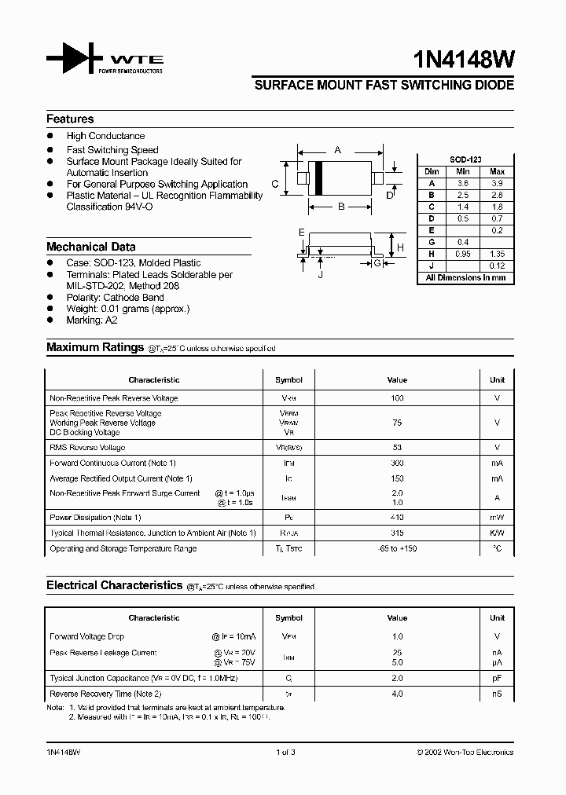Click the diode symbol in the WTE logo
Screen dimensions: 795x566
click(x=74, y=59)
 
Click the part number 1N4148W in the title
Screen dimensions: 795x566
click(x=464, y=61)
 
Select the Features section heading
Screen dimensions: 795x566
click(x=70, y=119)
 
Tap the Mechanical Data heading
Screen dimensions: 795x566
click(x=90, y=247)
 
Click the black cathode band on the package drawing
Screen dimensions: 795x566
click(x=319, y=178)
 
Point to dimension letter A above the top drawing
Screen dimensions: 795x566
click(x=338, y=149)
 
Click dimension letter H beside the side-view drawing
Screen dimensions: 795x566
click(x=400, y=247)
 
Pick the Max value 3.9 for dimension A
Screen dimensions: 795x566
click(x=497, y=183)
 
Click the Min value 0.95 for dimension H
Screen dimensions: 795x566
click(x=464, y=254)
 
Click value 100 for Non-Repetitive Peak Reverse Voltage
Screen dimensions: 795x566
click(x=397, y=398)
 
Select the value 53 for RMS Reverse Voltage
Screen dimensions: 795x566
click(x=397, y=447)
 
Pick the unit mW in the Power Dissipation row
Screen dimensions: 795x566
click(x=497, y=518)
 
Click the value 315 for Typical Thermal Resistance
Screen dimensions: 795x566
click(x=397, y=533)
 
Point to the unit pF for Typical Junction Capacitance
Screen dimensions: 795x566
click(x=497, y=678)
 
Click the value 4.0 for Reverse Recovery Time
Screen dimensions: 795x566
click(x=397, y=694)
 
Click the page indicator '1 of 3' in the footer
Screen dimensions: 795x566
click(x=286, y=753)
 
